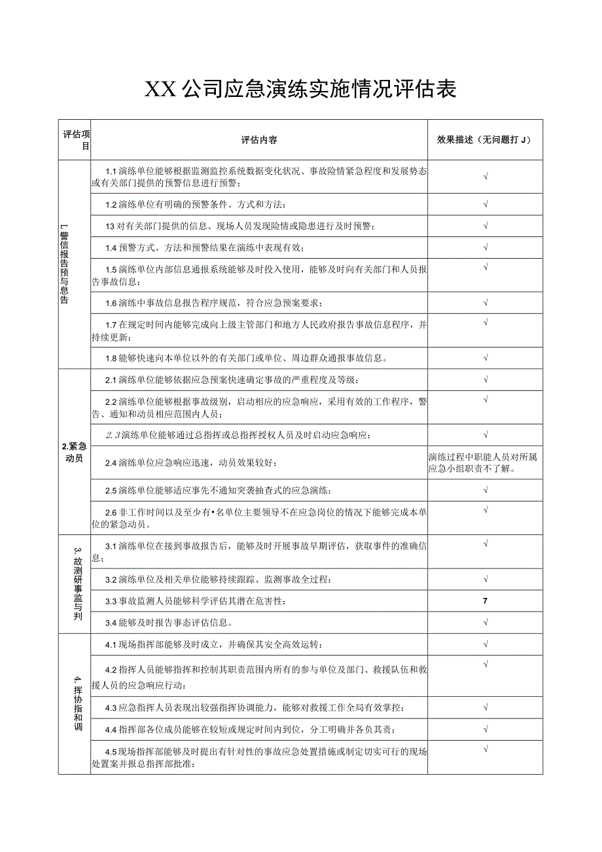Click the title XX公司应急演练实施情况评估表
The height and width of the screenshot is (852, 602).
pyautogui.click(x=300, y=89)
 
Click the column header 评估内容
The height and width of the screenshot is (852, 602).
pyautogui.click(x=258, y=140)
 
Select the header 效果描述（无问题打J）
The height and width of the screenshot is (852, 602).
pyautogui.click(x=485, y=140)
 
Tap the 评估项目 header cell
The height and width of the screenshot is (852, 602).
pyautogui.click(x=75, y=140)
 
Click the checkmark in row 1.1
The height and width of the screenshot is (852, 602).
pyautogui.click(x=486, y=176)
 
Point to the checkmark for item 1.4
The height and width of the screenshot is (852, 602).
pyautogui.click(x=486, y=248)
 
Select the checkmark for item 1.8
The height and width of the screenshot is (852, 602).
pyautogui.click(x=486, y=358)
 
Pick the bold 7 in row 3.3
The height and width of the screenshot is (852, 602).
pyautogui.click(x=485, y=601)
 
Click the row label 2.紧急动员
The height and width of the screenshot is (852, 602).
pyautogui.click(x=75, y=453)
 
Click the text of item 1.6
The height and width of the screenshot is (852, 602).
pyautogui.click(x=214, y=303)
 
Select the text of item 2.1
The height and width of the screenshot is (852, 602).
pyautogui.click(x=232, y=380)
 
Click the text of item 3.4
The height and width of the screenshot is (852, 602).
pyautogui.click(x=169, y=622)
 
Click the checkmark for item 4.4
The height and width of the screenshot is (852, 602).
pyautogui.click(x=486, y=729)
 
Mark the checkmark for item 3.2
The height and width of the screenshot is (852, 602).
pyautogui.click(x=486, y=579)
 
